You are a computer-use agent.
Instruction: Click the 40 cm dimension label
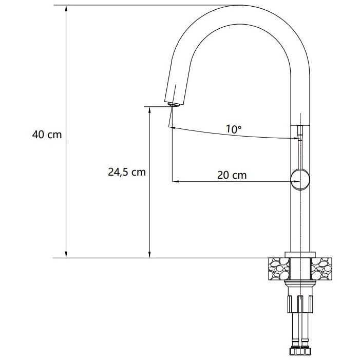tap(47, 135)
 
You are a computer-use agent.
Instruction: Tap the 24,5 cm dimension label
tap(127, 172)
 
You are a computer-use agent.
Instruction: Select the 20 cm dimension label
tap(232, 176)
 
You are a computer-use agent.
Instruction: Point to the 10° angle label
tap(234, 129)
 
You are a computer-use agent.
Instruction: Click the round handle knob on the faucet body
tap(300, 180)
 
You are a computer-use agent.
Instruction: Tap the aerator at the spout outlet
tap(174, 104)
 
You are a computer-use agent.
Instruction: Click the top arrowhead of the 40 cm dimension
tap(66, 8)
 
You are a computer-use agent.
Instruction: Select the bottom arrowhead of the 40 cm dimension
tap(66, 254)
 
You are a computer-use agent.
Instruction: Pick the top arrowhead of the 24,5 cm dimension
tap(149, 110)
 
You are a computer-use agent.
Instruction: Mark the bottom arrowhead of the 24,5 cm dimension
tap(149, 254)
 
